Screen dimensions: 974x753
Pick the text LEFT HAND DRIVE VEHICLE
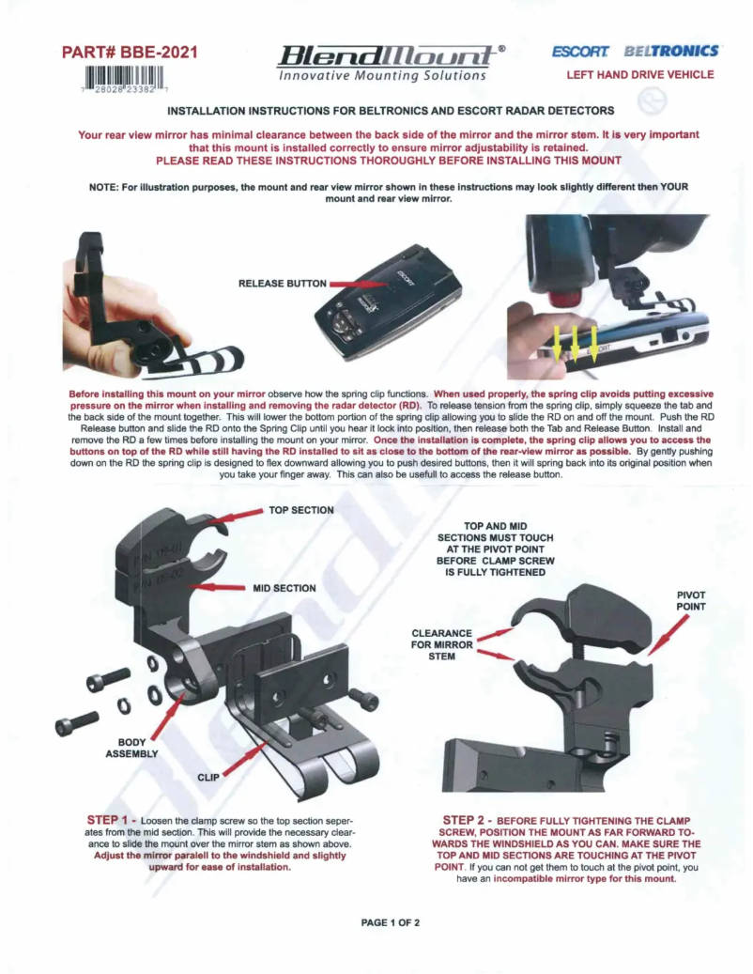pos(639,75)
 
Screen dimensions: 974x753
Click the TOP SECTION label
pos(301,510)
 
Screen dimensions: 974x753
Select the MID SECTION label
pos(284,588)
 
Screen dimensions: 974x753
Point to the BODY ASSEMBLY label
pos(132,748)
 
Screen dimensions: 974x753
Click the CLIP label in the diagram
pos(208,778)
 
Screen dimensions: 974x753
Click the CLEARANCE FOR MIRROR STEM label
pos(441,645)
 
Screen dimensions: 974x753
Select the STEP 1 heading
pos(114,821)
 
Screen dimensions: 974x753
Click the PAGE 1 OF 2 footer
pos(389,922)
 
